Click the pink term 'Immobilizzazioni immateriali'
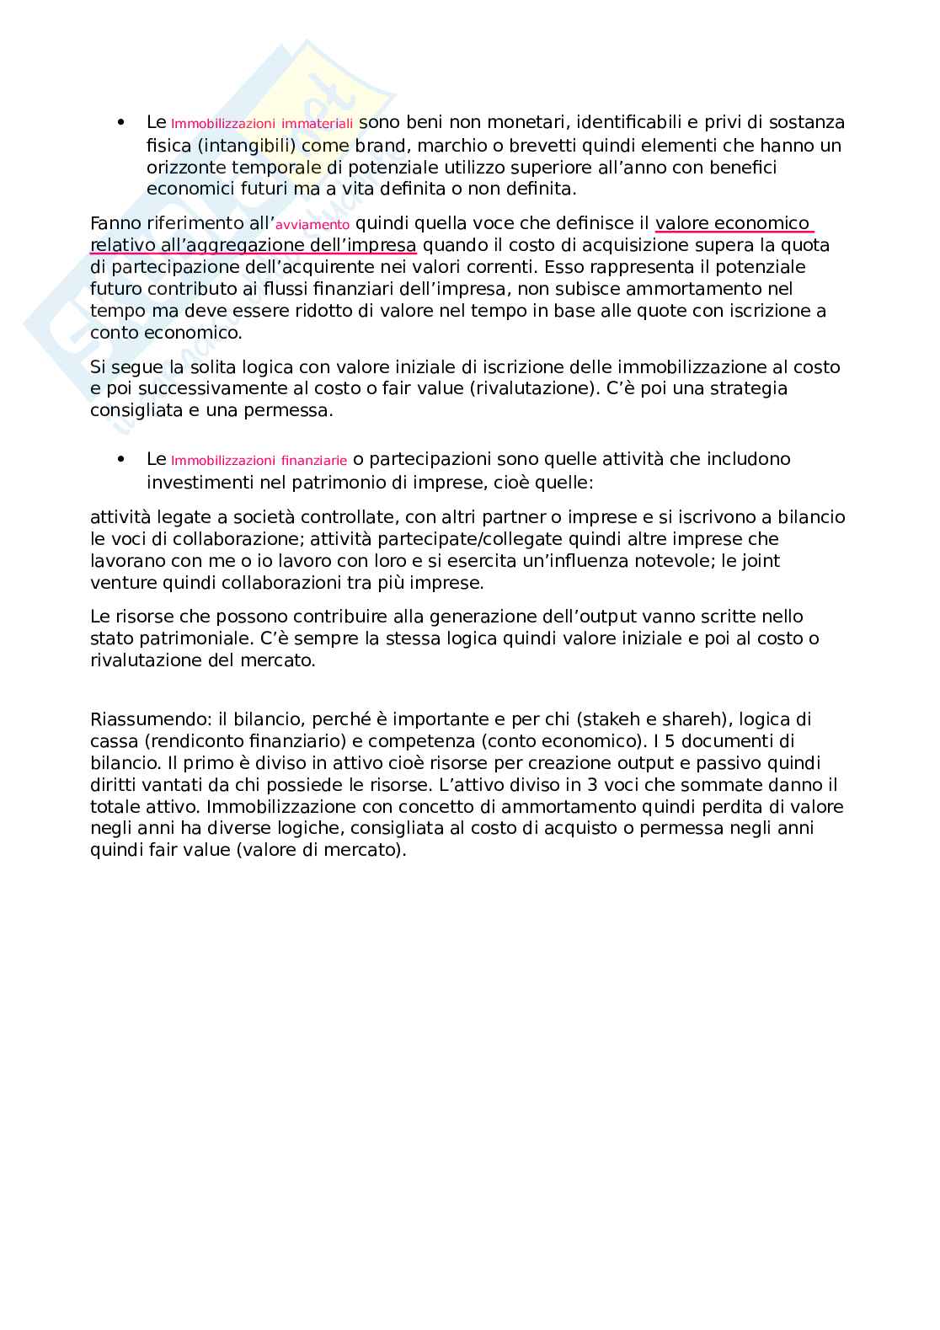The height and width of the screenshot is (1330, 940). point(262,124)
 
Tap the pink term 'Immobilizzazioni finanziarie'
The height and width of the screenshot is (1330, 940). point(259,461)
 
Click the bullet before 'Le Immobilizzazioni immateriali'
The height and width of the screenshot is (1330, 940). point(123,123)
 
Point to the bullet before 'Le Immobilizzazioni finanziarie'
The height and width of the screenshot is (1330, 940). point(123,460)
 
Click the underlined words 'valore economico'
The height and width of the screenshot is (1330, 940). point(732,223)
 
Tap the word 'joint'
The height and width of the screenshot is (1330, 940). point(759,561)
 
